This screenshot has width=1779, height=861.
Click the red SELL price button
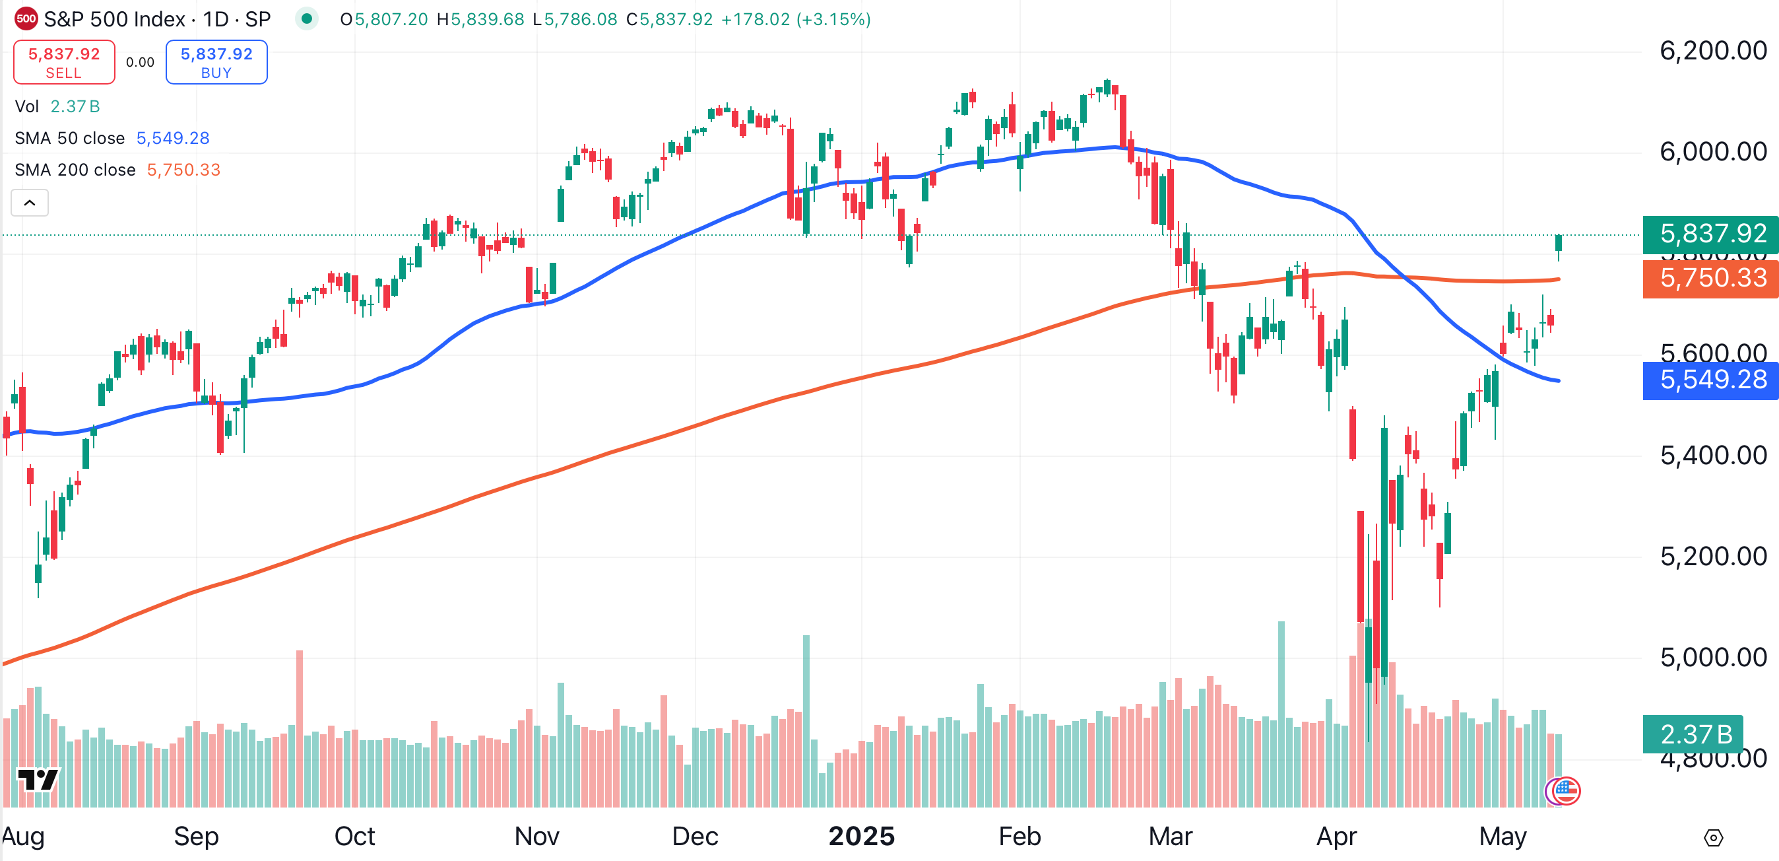pos(64,62)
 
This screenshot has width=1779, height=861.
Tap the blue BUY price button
pos(216,62)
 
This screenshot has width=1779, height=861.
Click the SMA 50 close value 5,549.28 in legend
pos(173,138)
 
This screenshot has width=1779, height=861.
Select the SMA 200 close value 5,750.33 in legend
pos(183,170)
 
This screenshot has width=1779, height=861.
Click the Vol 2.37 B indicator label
pos(57,106)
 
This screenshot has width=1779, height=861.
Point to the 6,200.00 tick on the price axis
pos(1713,51)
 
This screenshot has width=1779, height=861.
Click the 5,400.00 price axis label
pos(1713,456)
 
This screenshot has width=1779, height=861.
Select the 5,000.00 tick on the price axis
pos(1713,657)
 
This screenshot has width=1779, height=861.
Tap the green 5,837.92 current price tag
pos(1711,234)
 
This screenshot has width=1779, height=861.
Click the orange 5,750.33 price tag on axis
pos(1711,279)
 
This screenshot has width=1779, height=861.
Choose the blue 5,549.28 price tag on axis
pos(1711,380)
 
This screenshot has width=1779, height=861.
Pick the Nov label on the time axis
pos(536,836)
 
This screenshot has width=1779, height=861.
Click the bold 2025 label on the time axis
pos(861,836)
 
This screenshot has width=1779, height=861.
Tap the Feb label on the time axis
pos(1019,836)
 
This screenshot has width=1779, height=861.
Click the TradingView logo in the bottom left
pos(38,780)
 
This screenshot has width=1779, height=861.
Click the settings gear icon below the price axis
pos(1714,838)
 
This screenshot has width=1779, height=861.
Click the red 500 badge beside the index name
pos(26,18)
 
